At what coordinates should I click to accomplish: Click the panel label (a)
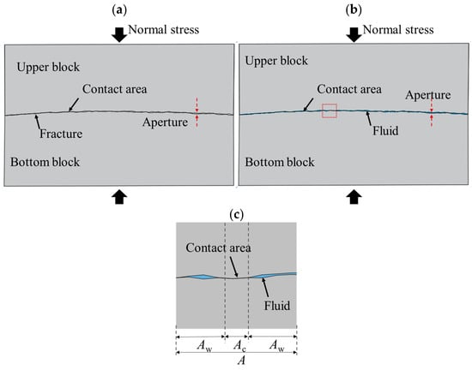(x=119, y=10)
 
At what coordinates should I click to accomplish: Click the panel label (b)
(x=354, y=10)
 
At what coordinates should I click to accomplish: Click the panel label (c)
(x=236, y=215)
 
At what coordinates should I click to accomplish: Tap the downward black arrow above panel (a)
(x=119, y=35)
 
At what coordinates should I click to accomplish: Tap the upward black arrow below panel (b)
(x=354, y=197)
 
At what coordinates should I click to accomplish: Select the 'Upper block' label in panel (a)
(x=48, y=68)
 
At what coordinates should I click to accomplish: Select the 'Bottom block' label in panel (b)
(x=280, y=162)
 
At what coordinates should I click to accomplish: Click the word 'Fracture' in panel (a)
(x=61, y=134)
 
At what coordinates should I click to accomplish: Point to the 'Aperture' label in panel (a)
(x=165, y=122)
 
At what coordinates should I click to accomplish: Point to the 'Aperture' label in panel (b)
(x=427, y=95)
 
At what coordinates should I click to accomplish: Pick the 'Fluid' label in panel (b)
(x=385, y=131)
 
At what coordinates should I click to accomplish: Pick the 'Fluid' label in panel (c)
(x=277, y=306)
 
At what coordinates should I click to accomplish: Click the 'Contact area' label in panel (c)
(x=218, y=248)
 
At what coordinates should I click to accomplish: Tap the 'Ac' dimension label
(x=240, y=345)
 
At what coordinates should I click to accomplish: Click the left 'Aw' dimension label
(x=205, y=345)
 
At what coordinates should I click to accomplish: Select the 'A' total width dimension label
(x=241, y=360)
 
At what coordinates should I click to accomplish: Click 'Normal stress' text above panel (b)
(x=398, y=30)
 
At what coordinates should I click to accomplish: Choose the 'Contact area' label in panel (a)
(x=115, y=89)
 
